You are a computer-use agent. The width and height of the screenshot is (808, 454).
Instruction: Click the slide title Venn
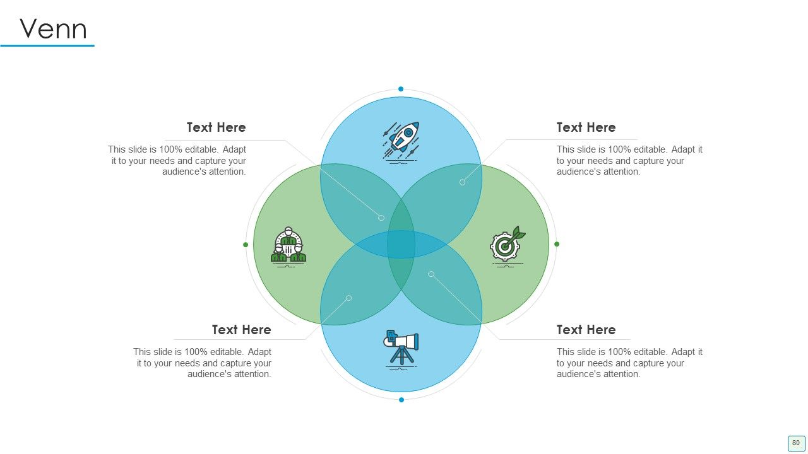tap(54, 29)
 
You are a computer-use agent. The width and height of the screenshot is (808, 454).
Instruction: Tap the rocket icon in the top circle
tap(401, 143)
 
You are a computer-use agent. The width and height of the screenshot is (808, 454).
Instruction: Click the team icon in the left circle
tap(288, 247)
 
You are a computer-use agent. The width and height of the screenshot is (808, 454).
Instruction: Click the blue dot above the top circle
tap(401, 89)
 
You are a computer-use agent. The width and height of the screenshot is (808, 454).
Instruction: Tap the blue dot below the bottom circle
tap(401, 400)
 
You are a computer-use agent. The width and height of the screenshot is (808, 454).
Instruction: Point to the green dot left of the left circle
tap(246, 245)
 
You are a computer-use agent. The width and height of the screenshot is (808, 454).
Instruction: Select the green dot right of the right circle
tap(557, 244)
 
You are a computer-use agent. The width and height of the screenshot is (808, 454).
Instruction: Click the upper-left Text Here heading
tap(216, 127)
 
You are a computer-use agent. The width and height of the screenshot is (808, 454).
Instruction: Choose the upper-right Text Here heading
tap(586, 127)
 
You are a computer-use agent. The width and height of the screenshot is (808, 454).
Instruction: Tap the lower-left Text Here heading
tap(241, 330)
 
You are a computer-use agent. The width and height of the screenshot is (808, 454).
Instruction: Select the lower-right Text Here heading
tap(586, 330)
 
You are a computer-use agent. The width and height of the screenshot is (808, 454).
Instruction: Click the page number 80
tap(796, 443)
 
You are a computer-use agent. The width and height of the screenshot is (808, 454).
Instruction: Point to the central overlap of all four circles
tap(401, 244)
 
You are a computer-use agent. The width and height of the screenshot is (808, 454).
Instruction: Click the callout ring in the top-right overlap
tap(463, 182)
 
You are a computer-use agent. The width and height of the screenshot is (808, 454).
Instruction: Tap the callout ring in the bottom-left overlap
tap(349, 298)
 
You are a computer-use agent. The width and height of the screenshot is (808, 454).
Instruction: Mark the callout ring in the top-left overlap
tap(381, 218)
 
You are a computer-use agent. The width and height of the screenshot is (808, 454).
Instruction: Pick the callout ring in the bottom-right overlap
tap(431, 274)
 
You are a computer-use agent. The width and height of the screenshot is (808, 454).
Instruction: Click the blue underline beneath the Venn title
tap(47, 46)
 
